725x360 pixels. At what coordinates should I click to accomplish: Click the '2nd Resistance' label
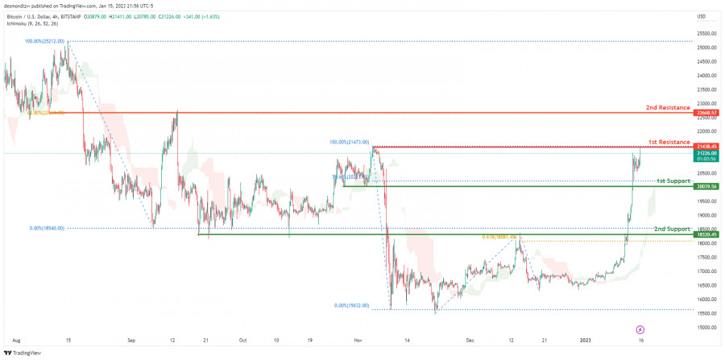coord(668,107)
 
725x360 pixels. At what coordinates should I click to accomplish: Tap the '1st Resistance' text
coord(669,142)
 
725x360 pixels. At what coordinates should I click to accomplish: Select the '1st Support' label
coord(673,180)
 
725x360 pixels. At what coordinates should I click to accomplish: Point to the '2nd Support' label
coord(672,229)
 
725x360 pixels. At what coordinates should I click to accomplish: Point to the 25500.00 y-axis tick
coord(707,34)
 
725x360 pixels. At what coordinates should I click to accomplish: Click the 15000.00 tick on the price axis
coord(707,327)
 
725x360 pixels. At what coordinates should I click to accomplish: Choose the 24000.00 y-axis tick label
coord(707,76)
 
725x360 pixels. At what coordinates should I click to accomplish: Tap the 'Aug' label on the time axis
coord(16,341)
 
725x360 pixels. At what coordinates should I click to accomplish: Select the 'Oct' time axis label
coord(242,341)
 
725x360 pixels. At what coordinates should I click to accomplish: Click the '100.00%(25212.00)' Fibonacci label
coord(45,40)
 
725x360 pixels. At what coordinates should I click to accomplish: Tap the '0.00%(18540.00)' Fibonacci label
coord(47,228)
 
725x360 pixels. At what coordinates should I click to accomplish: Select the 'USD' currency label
coord(702,16)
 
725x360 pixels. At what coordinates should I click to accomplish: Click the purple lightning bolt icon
coord(640,329)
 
